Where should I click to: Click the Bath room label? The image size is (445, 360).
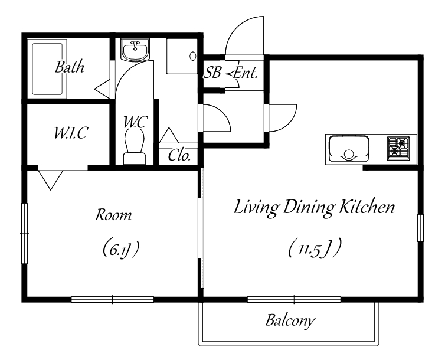[x=70, y=67]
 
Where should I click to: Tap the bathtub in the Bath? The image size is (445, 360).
[x=47, y=69]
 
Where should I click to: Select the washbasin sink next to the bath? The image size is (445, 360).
[x=135, y=50]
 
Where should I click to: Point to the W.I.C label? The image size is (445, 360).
[x=71, y=132]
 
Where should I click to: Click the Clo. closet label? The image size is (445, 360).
[x=179, y=155]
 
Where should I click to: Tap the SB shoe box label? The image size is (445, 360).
[x=212, y=73]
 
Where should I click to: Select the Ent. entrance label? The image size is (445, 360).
[x=246, y=73]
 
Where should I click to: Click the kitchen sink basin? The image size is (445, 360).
[x=349, y=148]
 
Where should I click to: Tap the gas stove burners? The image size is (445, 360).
[x=398, y=148]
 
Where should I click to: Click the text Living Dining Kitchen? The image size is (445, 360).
[x=314, y=208]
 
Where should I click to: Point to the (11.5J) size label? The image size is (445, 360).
[x=315, y=248]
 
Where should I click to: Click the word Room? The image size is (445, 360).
[x=113, y=215]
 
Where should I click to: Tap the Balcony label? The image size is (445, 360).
[x=290, y=320]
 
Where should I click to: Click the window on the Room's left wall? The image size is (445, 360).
[x=25, y=234]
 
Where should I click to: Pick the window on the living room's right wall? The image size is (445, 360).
[x=420, y=228]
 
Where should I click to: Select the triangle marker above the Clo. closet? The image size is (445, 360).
[x=169, y=135]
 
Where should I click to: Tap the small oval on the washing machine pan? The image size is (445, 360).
[x=193, y=56]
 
